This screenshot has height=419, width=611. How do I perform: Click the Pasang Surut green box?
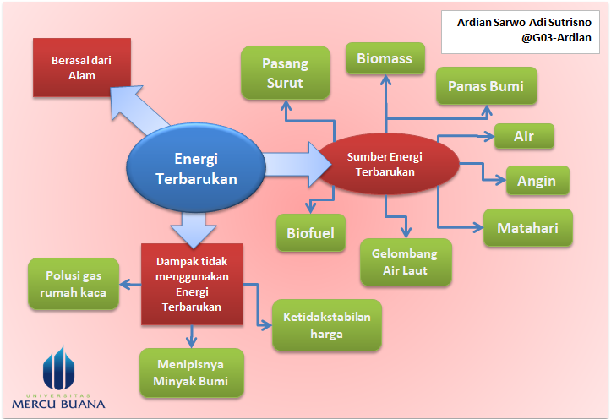[x=284, y=73]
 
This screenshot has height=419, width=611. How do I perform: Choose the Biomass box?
[x=385, y=59]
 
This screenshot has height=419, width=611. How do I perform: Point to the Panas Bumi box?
[x=485, y=86]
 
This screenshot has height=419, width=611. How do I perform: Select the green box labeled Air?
[x=523, y=136]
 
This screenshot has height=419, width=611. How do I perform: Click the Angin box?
[x=537, y=181]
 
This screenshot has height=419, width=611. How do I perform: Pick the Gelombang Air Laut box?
[x=406, y=262]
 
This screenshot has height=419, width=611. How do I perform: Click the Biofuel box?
[x=311, y=232]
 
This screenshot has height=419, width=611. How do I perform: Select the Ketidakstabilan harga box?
[x=326, y=325]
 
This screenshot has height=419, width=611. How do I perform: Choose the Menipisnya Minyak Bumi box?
[x=192, y=373]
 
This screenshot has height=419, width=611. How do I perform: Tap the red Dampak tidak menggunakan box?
[x=192, y=284]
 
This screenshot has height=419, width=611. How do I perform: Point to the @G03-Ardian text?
[x=555, y=38]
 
